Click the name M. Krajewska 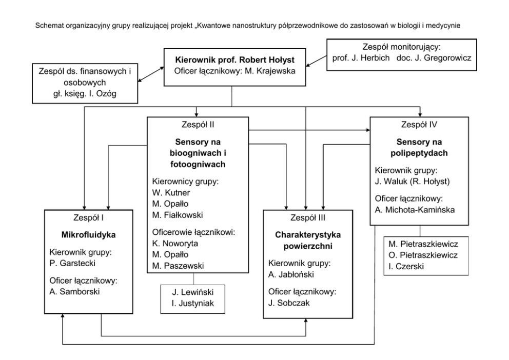pos(270,71)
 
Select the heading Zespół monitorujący pos(402,47)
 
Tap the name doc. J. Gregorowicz pos(434,58)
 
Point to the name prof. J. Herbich pos(361,58)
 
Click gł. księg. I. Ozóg pos(85,94)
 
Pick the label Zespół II pos(198,125)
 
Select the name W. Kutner pos(171,193)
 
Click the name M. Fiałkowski pos(178,215)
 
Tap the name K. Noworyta pos(175,244)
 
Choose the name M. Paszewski pos(178,266)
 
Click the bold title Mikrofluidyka pos(88,235)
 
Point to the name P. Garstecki pos(72,263)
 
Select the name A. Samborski pos(75,292)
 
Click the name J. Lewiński pos(193,292)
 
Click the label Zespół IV pos(419,125)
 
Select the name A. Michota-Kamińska pos(415,210)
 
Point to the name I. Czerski pos(406,267)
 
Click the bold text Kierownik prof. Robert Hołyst pos(234,60)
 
